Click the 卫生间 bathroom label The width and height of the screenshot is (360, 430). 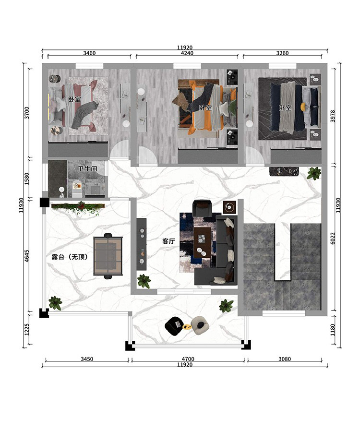pyautogui.click(x=87, y=168)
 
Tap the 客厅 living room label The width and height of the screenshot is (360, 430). pyautogui.click(x=168, y=241)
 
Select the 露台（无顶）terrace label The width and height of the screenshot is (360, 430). pyautogui.click(x=70, y=257)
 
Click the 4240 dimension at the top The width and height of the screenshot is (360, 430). pyautogui.click(x=187, y=53)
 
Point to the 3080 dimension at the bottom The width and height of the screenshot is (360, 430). pyautogui.click(x=285, y=359)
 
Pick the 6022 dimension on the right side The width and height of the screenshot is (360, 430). pyautogui.click(x=333, y=239)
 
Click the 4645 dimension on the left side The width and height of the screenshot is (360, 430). pyautogui.click(x=26, y=256)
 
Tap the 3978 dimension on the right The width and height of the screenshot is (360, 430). pyautogui.click(x=333, y=116)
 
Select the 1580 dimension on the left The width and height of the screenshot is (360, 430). pyautogui.click(x=26, y=179)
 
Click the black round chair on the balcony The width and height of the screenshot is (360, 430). pyautogui.click(x=174, y=325)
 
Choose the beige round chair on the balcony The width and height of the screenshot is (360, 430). pyautogui.click(x=200, y=325)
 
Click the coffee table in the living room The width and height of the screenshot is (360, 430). pyautogui.click(x=202, y=242)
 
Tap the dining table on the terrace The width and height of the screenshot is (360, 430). pyautogui.click(x=108, y=256)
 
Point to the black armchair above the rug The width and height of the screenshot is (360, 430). pyautogui.click(x=202, y=208)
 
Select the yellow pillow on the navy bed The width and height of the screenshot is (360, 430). pyautogui.click(x=303, y=106)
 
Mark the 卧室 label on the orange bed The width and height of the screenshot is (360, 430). pyautogui.click(x=205, y=108)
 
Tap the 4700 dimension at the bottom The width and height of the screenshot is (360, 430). pyautogui.click(x=188, y=359)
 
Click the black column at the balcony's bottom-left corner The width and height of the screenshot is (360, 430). pyautogui.click(x=130, y=346)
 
